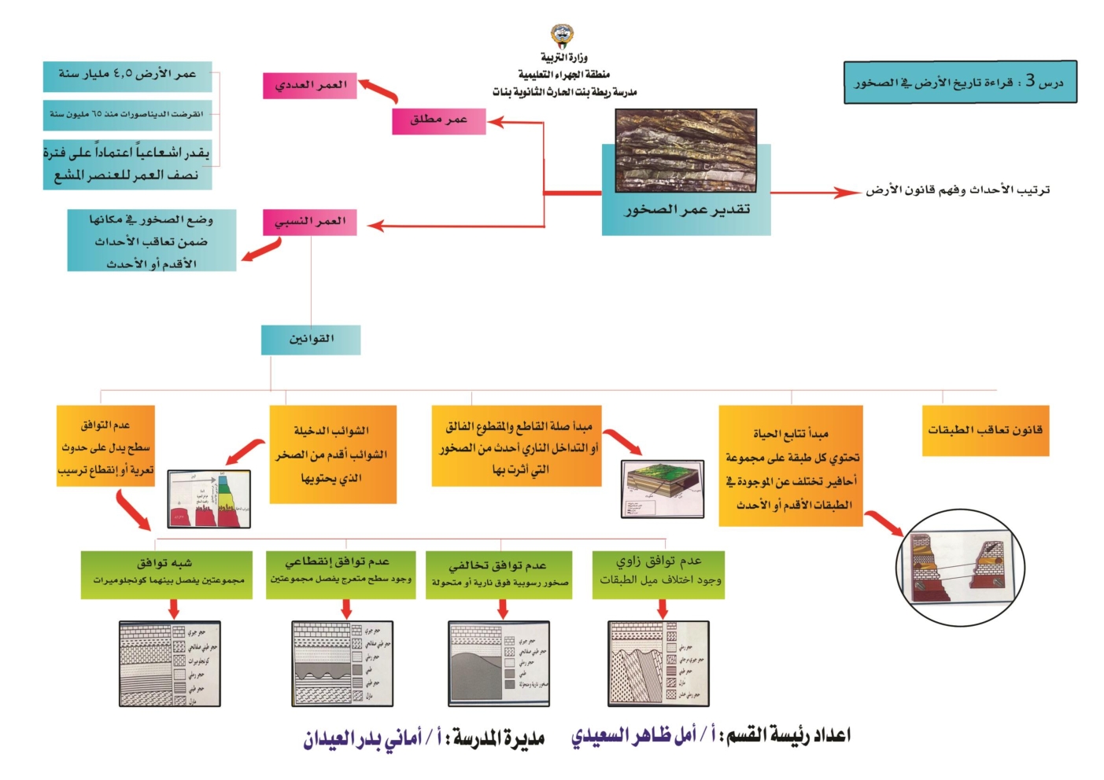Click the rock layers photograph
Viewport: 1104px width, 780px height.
tap(685, 151)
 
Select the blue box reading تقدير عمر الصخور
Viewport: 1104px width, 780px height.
tap(685, 211)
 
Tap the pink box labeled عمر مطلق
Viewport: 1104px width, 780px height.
tap(438, 120)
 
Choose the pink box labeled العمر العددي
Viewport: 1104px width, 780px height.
tap(309, 86)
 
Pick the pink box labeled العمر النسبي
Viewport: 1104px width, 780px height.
tap(309, 222)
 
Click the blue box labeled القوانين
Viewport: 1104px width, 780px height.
tap(311, 339)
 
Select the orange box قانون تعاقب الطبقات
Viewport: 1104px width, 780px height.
tap(985, 430)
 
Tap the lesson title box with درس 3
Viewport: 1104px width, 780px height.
tap(959, 83)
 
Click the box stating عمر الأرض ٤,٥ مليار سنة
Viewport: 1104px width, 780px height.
tap(127, 75)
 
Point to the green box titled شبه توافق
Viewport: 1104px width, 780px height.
tap(166, 575)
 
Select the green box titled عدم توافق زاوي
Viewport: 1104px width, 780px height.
tap(659, 575)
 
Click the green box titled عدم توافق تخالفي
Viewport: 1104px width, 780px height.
tap(500, 575)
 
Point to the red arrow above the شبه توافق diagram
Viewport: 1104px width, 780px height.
tap(174, 609)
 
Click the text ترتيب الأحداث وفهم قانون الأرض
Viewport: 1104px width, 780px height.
tap(958, 190)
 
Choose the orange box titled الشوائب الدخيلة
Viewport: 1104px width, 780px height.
tap(332, 454)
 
